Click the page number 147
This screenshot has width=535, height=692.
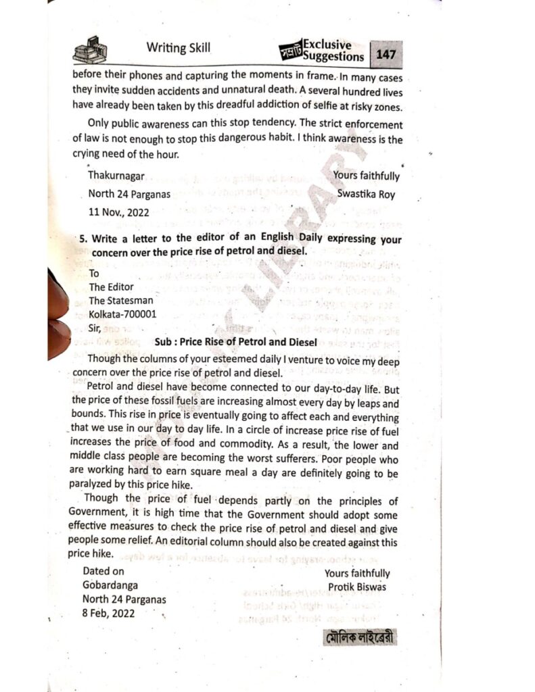[386, 53]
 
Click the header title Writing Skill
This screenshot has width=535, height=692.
[178, 47]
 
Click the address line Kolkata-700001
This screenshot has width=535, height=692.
[123, 315]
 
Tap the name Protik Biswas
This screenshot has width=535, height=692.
[356, 587]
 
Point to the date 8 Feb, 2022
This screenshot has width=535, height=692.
[108, 614]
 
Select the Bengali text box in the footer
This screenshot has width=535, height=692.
[359, 638]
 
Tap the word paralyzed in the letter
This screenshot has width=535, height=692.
[95, 485]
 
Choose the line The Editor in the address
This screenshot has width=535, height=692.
[112, 287]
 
